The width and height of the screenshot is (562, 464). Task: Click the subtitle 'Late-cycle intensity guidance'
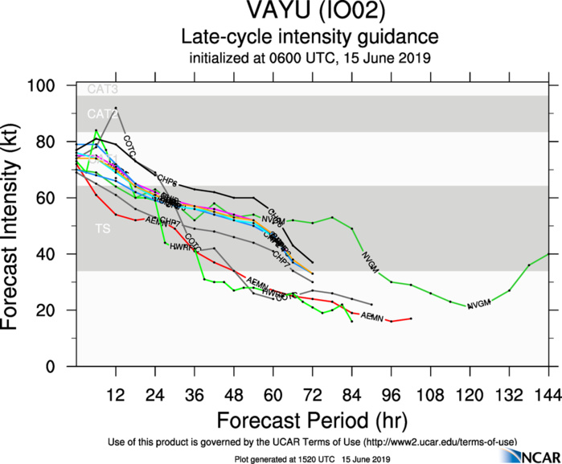click(310, 37)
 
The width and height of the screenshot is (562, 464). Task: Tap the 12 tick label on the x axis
click(116, 395)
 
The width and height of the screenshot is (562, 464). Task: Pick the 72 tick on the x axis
click(313, 395)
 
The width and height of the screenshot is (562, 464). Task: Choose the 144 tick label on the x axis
click(548, 395)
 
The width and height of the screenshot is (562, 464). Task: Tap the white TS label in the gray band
click(103, 229)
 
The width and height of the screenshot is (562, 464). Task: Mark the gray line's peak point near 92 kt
click(116, 108)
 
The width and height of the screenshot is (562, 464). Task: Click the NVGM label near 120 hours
click(478, 304)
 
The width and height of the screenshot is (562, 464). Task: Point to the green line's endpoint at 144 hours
click(548, 254)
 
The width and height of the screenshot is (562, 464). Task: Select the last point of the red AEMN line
click(411, 318)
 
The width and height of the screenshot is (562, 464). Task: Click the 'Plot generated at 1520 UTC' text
click(273, 458)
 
